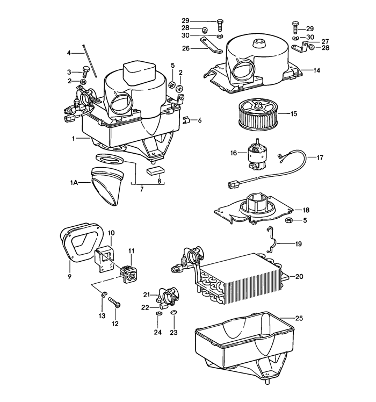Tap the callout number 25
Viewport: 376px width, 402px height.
(299, 319)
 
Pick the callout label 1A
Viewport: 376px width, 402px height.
(74, 183)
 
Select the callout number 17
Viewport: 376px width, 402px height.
(320, 158)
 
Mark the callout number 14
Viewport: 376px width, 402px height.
(316, 70)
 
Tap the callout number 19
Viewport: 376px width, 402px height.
(298, 243)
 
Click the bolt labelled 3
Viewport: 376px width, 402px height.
(84, 71)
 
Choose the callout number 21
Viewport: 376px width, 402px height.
(145, 295)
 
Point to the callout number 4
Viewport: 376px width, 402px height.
(69, 53)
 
